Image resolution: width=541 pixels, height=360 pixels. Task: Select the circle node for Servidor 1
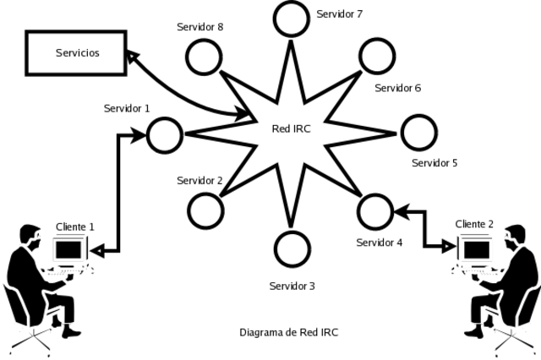click(165, 133)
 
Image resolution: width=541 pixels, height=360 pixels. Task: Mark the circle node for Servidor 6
click(377, 56)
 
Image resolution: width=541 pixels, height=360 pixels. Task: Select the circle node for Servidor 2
click(204, 210)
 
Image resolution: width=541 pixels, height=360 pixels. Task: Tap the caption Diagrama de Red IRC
click(290, 332)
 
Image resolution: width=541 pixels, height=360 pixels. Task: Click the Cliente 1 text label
click(74, 227)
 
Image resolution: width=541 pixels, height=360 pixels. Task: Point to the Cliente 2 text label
click(474, 224)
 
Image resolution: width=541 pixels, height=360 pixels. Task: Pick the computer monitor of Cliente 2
click(477, 248)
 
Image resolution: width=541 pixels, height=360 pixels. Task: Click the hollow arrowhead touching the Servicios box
click(133, 56)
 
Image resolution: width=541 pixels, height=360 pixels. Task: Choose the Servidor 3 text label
click(292, 286)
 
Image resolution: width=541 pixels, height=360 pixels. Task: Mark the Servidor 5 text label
click(434, 162)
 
